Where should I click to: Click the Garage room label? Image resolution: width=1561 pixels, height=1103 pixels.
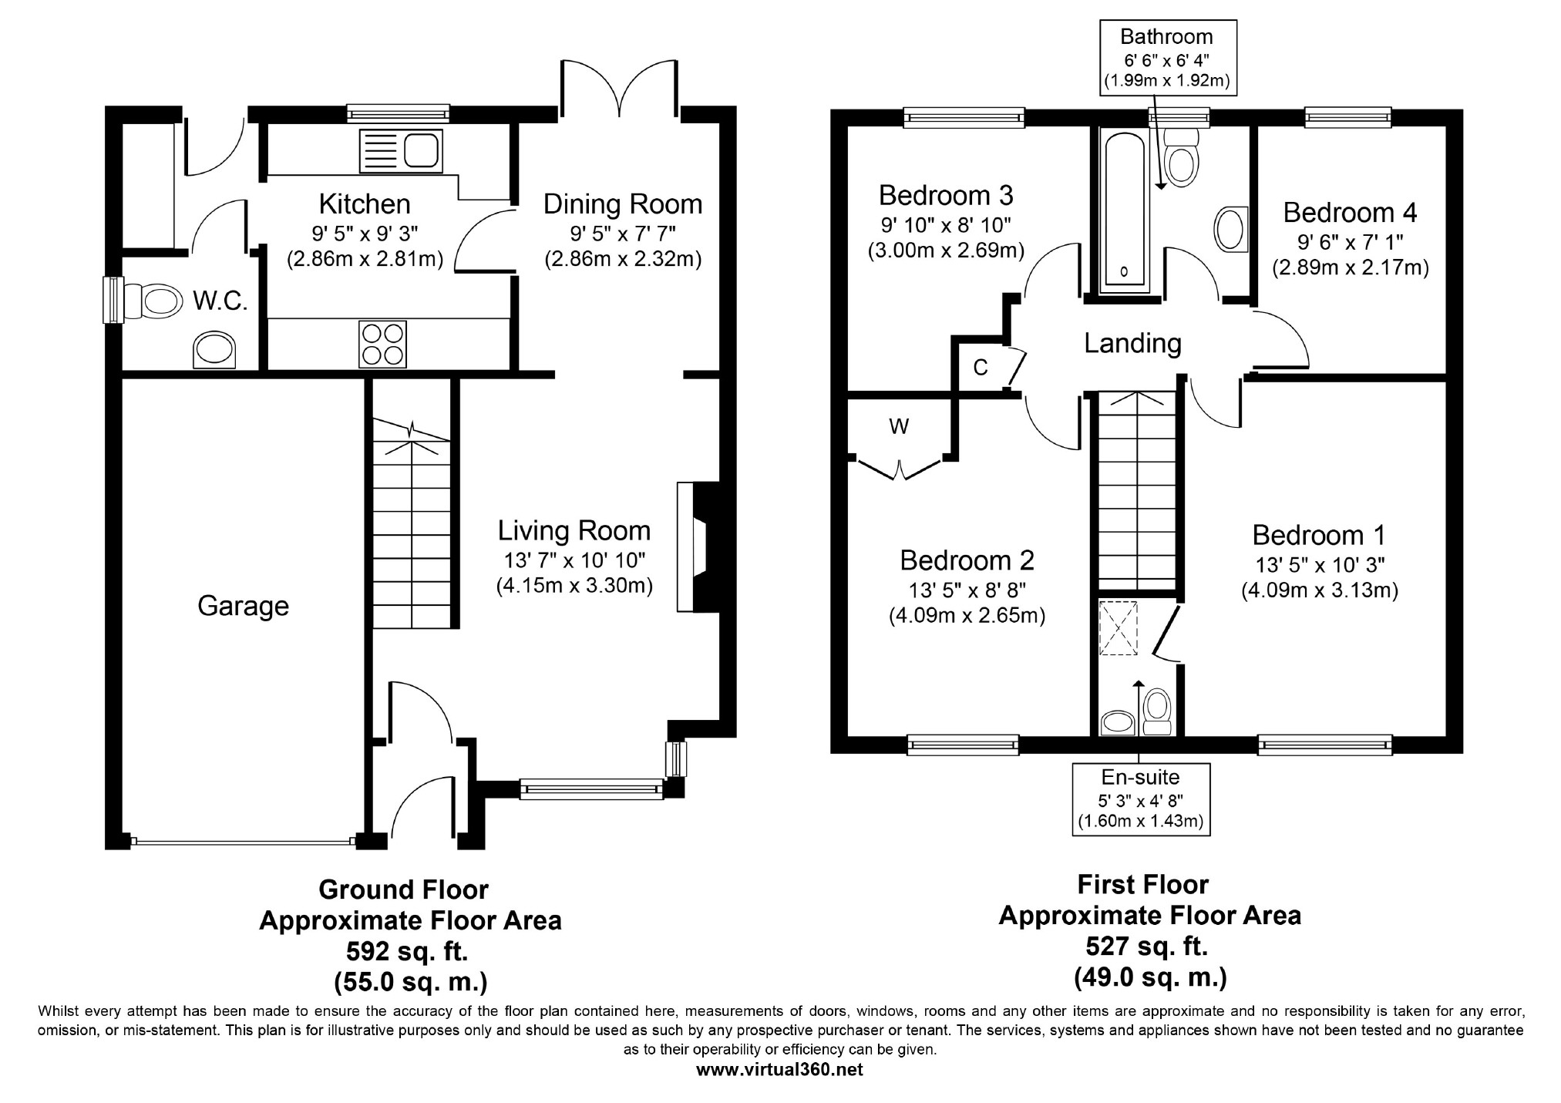point(243,607)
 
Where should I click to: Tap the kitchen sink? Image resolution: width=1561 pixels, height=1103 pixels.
point(401,150)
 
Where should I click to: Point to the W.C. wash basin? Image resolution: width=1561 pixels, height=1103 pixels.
point(214,351)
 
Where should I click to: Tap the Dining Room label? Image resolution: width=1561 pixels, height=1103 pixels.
point(623,204)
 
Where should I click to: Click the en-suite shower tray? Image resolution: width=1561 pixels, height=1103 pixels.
point(1118,627)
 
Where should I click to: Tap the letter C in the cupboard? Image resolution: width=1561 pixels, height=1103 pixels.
point(980,368)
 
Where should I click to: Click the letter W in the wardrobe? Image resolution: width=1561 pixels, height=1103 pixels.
point(899,425)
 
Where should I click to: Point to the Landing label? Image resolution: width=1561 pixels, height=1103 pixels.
point(1132,343)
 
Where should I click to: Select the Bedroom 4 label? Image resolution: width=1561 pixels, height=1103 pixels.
point(1350,212)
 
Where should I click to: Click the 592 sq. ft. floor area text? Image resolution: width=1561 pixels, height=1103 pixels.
point(407,951)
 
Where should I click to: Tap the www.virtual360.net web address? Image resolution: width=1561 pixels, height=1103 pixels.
point(779,1070)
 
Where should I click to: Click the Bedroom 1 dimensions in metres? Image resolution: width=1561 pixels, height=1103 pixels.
point(1320,590)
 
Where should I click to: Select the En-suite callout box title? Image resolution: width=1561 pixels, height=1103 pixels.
point(1141,777)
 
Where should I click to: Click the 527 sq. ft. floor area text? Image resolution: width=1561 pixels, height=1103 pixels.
point(1147,946)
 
